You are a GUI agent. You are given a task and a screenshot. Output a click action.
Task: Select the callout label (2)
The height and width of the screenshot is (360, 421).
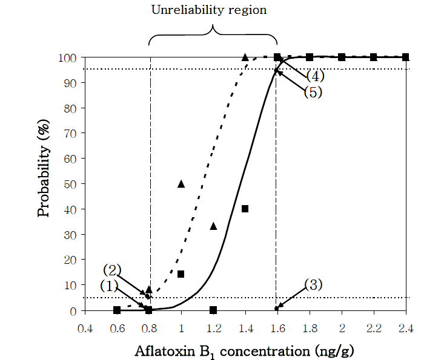[x=113, y=269]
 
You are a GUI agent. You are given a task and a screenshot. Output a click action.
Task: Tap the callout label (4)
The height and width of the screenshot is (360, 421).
[x=316, y=76]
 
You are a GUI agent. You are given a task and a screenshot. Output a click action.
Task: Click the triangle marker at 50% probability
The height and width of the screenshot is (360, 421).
[x=181, y=183]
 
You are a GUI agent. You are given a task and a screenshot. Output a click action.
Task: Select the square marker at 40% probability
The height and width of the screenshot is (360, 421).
[x=245, y=209]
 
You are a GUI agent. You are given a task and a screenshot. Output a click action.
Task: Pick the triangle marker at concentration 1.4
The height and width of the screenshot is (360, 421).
[x=245, y=57]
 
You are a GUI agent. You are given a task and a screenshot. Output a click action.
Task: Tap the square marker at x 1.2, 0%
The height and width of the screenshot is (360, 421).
[x=213, y=310]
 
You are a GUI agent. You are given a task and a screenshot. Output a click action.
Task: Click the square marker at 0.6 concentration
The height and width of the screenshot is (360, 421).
[x=117, y=310]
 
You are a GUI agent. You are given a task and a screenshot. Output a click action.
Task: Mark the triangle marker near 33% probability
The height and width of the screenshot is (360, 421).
[x=213, y=226]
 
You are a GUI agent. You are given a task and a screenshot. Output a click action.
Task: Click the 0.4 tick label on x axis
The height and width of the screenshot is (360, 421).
[x=85, y=328]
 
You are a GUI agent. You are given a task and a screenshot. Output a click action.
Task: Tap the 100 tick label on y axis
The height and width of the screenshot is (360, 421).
[x=67, y=58]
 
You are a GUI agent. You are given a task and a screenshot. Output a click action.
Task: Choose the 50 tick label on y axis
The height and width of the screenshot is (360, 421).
[x=70, y=184]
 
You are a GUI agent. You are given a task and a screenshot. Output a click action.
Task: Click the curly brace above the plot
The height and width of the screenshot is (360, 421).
[x=213, y=33]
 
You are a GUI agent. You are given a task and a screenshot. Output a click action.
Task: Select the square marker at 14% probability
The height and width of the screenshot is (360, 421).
[x=181, y=274]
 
